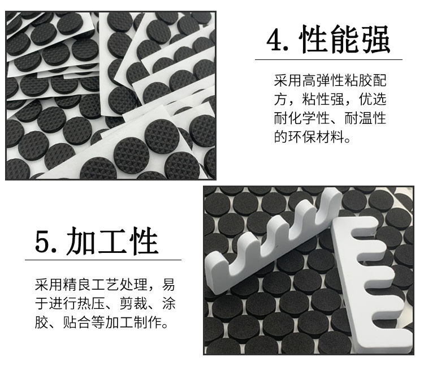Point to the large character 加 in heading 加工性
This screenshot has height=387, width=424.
click(83, 242)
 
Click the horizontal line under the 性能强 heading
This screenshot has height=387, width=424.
click(328, 59)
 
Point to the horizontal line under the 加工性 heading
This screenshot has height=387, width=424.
click(102, 260)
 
